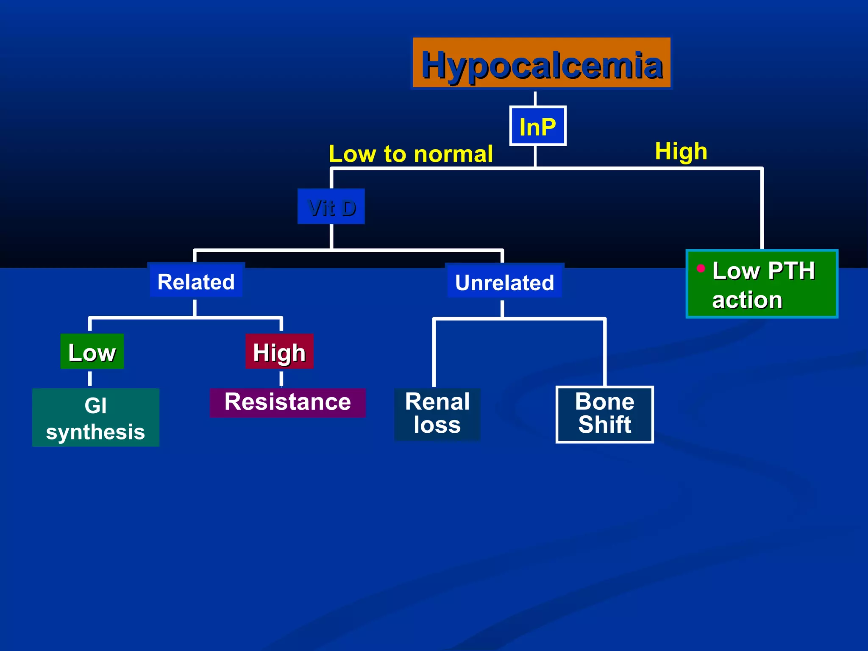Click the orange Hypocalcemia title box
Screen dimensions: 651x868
[541, 64]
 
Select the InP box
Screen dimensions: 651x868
[537, 126]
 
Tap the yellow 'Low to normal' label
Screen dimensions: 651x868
[410, 154]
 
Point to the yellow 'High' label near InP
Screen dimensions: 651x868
[681, 151]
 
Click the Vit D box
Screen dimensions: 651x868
[331, 207]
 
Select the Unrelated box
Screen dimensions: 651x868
[504, 282]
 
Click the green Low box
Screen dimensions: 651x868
[92, 352]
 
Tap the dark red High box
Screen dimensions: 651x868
[279, 352]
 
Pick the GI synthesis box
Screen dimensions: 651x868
[96, 417]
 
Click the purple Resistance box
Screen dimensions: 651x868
[287, 403]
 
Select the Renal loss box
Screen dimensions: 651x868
[437, 414]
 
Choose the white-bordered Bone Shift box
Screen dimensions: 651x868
[604, 414]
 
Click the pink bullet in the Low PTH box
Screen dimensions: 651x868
[701, 268]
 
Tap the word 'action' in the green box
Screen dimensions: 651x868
[747, 300]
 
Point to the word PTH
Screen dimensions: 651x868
[791, 271]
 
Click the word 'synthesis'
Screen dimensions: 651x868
[95, 432]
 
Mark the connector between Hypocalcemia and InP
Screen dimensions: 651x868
[535, 98]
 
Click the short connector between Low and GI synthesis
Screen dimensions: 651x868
[90, 378]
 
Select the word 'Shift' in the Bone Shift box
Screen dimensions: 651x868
[604, 425]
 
